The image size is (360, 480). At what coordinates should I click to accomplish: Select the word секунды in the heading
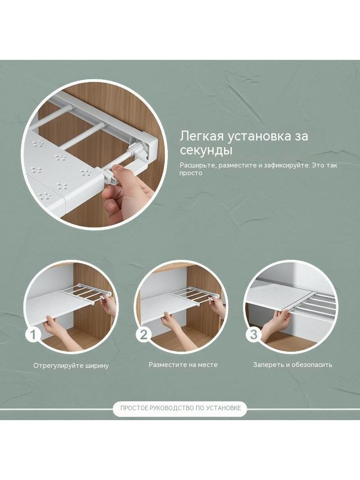coord(206,150)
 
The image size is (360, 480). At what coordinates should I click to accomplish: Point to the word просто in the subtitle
coord(191,173)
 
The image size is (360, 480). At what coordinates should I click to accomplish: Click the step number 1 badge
coord(33,334)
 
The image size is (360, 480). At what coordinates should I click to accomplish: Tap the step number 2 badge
coord(144,334)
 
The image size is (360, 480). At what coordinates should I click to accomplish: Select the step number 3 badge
coord(253,334)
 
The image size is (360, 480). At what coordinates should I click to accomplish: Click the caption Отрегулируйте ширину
coord(71,366)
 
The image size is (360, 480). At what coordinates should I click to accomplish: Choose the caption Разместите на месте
coord(183,365)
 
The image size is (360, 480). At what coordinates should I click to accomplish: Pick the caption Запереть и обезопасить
coord(292,365)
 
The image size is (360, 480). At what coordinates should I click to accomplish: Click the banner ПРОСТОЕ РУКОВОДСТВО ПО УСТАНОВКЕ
coord(180,408)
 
